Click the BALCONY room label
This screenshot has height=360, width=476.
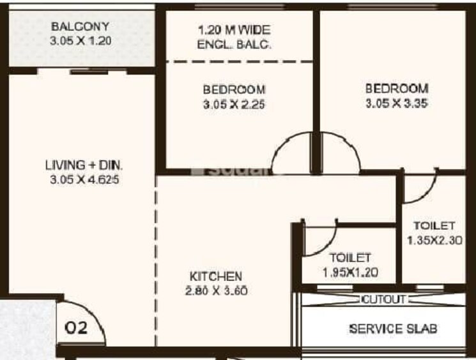click(80, 27)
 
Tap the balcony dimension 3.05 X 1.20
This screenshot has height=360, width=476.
click(80, 40)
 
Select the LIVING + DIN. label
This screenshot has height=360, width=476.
click(84, 166)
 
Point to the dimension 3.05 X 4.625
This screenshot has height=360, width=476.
click(84, 179)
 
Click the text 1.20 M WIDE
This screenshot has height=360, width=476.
click(234, 30)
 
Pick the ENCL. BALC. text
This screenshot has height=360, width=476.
click(234, 44)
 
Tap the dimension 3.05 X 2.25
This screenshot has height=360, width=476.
click(234, 103)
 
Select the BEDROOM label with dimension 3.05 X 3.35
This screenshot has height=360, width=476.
click(396, 87)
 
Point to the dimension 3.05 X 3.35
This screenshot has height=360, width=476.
click(396, 102)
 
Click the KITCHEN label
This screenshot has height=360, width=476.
click(216, 276)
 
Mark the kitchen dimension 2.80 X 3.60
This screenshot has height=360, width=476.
click(216, 291)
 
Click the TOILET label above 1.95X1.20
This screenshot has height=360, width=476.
click(349, 258)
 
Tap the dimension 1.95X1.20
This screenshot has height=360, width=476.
click(349, 273)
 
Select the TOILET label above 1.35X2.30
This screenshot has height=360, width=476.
click(433, 226)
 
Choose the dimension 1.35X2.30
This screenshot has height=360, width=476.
click(433, 241)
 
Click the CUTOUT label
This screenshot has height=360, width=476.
click(383, 299)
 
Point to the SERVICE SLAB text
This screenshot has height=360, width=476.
click(393, 329)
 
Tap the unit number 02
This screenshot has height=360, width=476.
click(77, 329)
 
